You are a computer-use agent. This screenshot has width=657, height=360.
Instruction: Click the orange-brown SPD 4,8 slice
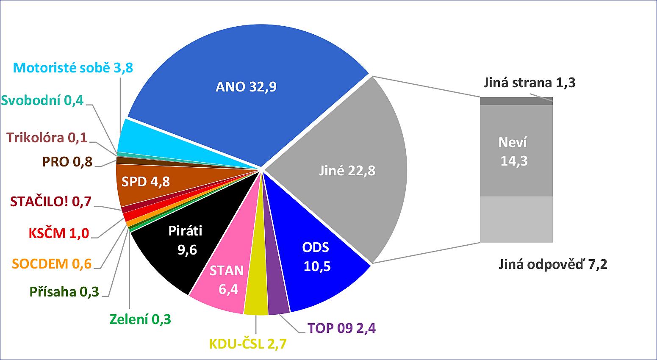pyautogui.click(x=146, y=181)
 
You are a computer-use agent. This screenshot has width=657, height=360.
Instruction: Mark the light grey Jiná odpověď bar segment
pyautogui.click(x=516, y=219)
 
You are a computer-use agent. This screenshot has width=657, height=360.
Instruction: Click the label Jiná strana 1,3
pyautogui.click(x=529, y=83)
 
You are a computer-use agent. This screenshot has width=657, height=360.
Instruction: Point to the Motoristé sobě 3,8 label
pyautogui.click(x=73, y=68)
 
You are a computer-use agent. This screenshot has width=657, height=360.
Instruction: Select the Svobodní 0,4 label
pyautogui.click(x=42, y=100)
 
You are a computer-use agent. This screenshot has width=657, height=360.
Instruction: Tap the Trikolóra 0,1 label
pyautogui.click(x=47, y=138)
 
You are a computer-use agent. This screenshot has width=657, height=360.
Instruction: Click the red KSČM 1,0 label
pyautogui.click(x=59, y=233)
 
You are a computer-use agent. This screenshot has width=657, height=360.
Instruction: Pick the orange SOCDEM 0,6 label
pyautogui.click(x=52, y=263)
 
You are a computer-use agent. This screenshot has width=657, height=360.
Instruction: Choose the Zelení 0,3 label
pyautogui.click(x=140, y=319)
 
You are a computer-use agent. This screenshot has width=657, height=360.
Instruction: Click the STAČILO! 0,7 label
pyautogui.click(x=50, y=202)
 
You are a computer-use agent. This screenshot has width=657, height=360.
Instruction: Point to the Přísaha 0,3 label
pyautogui.click(x=64, y=291)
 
